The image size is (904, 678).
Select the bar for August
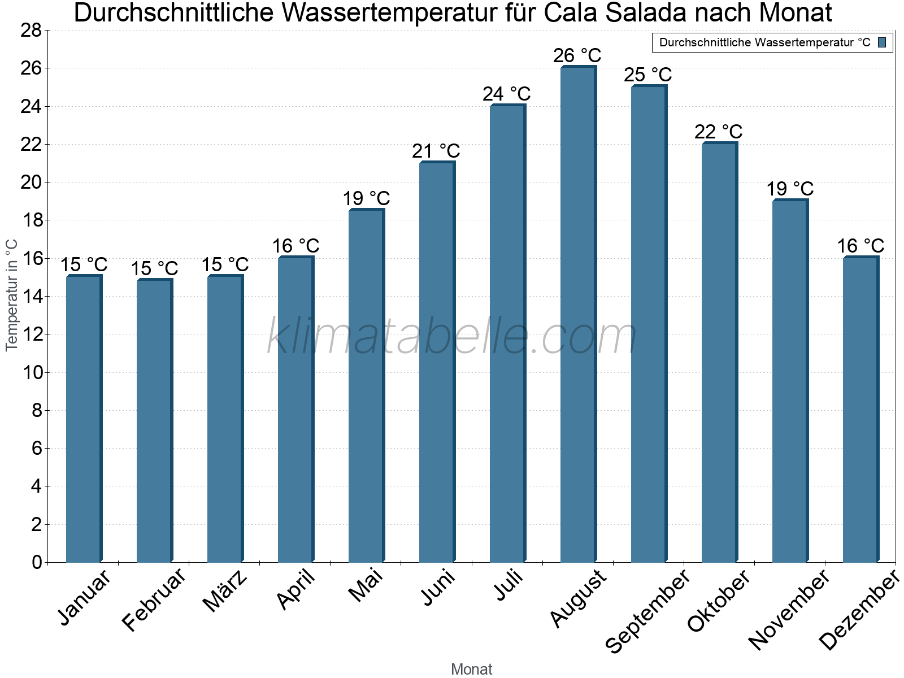tap(578, 314)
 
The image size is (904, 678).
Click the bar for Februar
tap(154, 420)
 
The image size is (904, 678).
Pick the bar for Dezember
tap(860, 409)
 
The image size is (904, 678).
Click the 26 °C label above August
tap(577, 56)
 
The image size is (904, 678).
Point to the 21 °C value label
tap(436, 151)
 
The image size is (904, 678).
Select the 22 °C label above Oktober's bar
tap(719, 132)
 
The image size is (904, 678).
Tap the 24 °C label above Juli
tap(507, 94)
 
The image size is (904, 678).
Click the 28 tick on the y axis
tap(31, 31)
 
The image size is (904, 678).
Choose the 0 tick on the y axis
tap(37, 562)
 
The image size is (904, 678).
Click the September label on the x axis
tap(648, 610)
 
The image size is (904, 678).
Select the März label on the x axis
tap(225, 590)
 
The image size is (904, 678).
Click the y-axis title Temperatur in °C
tap(12, 295)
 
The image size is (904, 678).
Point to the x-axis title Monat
tap(471, 670)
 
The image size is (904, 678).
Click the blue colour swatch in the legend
tap(882, 42)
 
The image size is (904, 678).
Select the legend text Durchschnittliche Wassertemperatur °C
tap(764, 42)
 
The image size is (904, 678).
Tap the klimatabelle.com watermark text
tap(452, 337)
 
